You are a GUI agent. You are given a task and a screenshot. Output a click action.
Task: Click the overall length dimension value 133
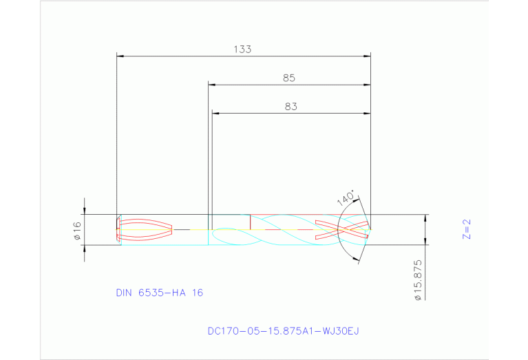242,49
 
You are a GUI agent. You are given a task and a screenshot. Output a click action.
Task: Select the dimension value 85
289,78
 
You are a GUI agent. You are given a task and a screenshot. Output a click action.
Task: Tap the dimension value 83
290,107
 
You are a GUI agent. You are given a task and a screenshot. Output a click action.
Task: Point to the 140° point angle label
346,198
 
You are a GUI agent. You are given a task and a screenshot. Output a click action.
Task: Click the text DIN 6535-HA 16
160,293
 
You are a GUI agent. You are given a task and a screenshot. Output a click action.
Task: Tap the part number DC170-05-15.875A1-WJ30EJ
283,331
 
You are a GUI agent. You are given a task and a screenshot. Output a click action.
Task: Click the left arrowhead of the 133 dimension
120,55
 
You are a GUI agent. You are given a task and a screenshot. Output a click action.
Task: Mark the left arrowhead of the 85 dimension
212,85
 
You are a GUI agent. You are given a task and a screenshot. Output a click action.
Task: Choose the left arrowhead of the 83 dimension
215,113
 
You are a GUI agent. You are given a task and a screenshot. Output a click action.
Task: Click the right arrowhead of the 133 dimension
367,55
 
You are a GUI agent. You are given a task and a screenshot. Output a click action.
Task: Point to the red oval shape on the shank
146,229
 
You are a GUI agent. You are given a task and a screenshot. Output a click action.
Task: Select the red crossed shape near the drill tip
341,229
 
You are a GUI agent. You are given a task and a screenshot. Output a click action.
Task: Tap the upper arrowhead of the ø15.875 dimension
425,218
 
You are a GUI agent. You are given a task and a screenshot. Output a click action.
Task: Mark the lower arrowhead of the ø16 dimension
85,248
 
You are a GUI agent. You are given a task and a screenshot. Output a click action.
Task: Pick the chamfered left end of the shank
119,229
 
